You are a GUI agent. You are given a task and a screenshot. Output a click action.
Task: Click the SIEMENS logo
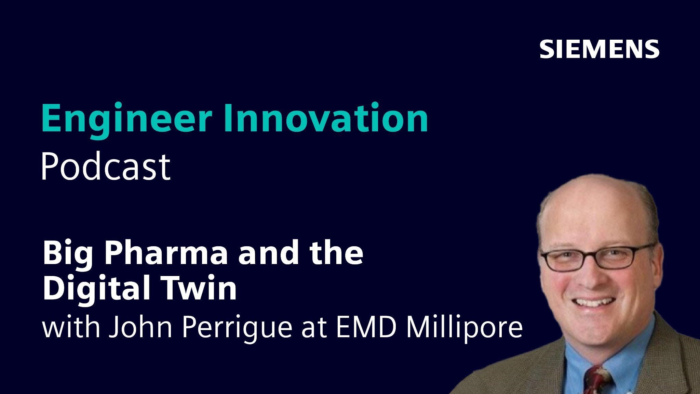click(599, 49)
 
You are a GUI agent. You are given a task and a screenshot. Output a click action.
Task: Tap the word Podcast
click(106, 167)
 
